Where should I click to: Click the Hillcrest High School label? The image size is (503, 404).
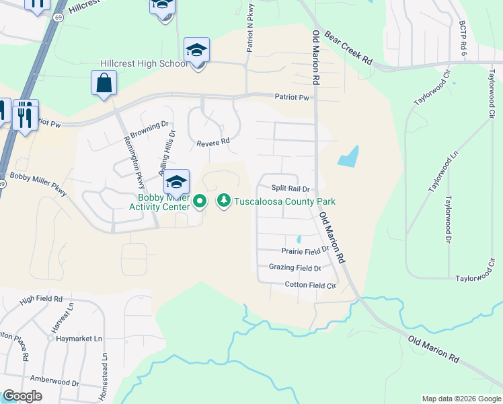point(144,63)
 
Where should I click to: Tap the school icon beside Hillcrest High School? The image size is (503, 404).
point(196,50)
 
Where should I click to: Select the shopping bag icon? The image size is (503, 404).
point(104,83)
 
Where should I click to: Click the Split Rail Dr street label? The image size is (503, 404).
point(290,189)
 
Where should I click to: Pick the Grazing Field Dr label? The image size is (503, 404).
point(295,267)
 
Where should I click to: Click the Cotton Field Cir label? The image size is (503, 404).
point(310,285)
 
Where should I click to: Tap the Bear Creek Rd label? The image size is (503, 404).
point(348,47)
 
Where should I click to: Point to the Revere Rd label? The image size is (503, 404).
point(213,142)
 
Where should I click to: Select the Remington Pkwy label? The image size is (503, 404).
point(134,162)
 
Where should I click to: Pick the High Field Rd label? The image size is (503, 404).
point(41,298)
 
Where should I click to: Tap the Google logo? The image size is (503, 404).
point(22,396)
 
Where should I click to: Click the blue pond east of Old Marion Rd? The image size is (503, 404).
point(348,157)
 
